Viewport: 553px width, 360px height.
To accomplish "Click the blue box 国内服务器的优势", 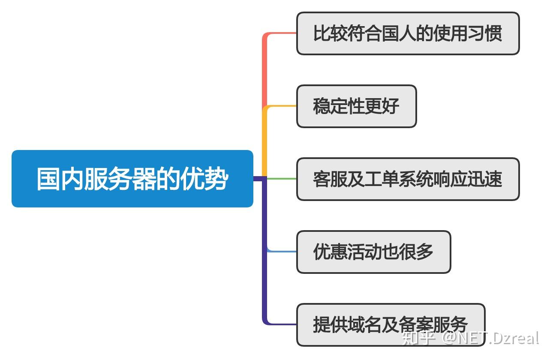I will [132, 179].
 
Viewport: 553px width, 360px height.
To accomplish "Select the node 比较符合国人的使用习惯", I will [407, 33].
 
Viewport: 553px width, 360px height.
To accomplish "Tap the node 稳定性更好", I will [356, 106].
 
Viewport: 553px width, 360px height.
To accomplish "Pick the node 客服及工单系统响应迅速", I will [407, 179].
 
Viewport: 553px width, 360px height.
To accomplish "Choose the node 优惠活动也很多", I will [373, 252].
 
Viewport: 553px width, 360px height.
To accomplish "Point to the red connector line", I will [265, 69].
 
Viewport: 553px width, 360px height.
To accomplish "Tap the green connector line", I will [283, 179].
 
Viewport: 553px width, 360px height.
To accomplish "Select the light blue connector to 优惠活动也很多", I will [283, 252].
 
